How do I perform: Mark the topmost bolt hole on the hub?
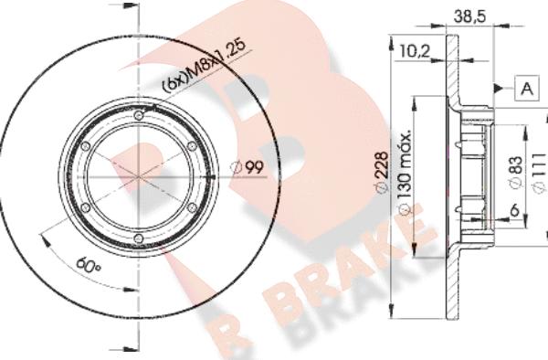point(137,114)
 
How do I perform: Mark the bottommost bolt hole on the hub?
point(137,239)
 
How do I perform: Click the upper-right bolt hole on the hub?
point(191,145)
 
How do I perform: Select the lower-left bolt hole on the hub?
point(83,208)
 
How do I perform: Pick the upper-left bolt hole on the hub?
point(83,145)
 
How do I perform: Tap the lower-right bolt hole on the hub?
point(191,208)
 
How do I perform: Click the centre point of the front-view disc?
point(137,177)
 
